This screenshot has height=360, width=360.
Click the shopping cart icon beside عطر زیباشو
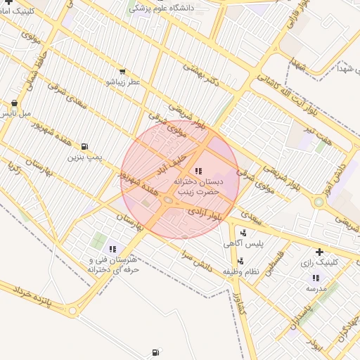click(122, 72)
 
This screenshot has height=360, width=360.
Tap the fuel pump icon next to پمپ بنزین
click(85, 147)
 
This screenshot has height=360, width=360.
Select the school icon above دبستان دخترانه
click(197, 171)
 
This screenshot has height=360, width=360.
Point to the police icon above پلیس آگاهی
click(243, 233)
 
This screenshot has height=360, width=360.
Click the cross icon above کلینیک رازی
click(319, 252)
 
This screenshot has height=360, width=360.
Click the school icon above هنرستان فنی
click(112, 249)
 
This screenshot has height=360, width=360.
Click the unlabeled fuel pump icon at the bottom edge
click(155, 352)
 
